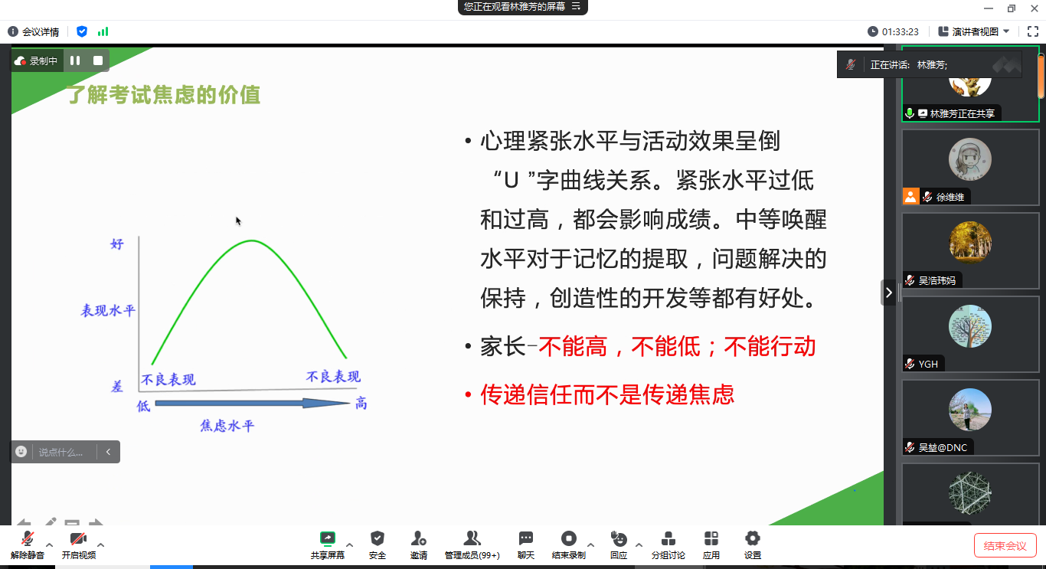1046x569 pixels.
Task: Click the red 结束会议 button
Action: click(x=1005, y=545)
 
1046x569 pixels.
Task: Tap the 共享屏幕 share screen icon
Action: click(x=327, y=538)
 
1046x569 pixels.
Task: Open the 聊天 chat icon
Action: click(x=526, y=538)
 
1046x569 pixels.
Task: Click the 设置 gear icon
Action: click(x=752, y=538)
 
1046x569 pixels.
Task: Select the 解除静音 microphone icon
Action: click(x=28, y=538)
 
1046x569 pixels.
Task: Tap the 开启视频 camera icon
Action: click(x=78, y=538)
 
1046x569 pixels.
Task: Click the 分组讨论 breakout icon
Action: click(x=668, y=538)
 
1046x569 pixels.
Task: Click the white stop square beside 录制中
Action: click(x=97, y=60)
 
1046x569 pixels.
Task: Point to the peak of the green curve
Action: click(x=252, y=240)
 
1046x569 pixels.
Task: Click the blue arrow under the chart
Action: click(x=252, y=403)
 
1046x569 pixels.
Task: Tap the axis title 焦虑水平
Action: click(x=227, y=426)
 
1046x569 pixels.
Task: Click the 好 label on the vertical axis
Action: click(x=116, y=244)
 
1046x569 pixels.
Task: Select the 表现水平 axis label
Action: click(x=108, y=311)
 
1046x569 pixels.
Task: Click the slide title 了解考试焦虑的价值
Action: click(x=163, y=95)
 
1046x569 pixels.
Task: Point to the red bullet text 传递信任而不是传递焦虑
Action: click(x=607, y=394)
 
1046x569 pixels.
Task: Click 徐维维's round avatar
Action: click(x=970, y=159)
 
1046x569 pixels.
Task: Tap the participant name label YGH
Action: click(x=928, y=364)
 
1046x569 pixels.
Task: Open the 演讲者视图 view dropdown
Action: click(x=975, y=31)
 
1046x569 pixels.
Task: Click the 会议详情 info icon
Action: click(x=12, y=31)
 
